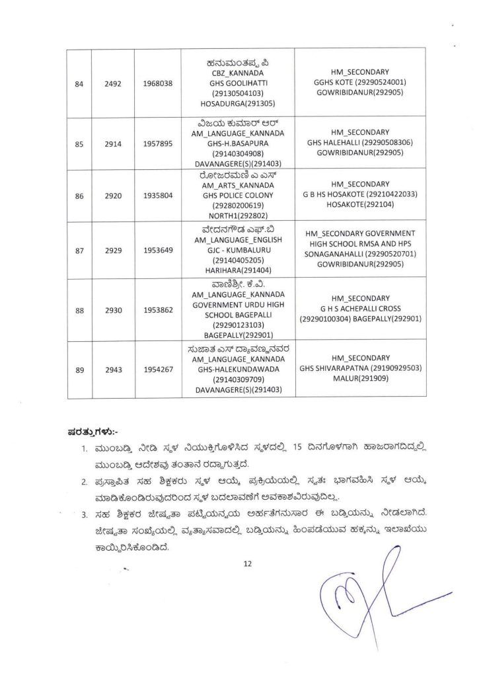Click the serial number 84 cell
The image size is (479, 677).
click(x=79, y=84)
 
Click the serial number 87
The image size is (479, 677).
click(x=79, y=251)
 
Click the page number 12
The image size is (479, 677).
click(x=248, y=563)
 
